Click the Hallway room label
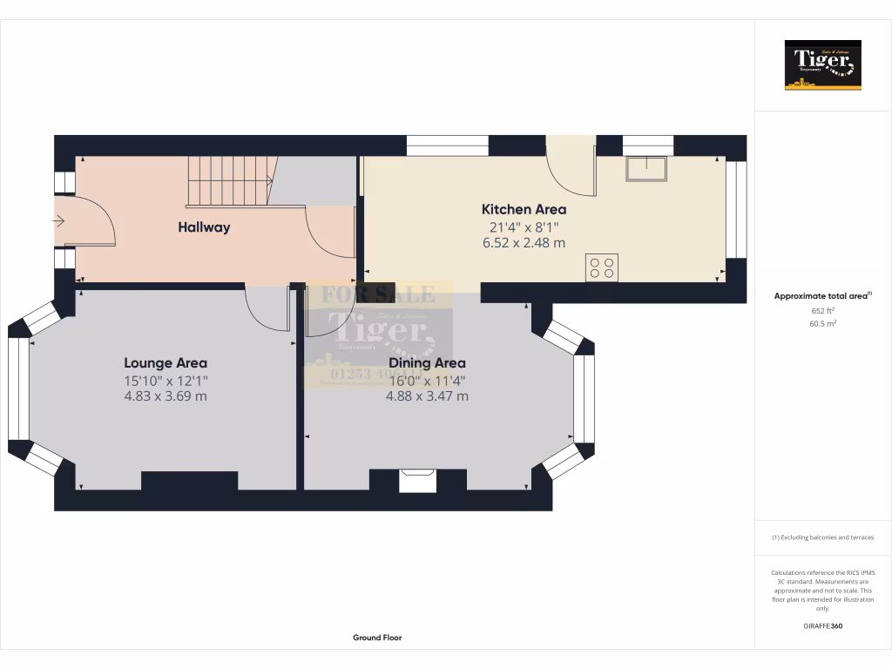click(x=204, y=227)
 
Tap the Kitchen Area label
click(x=524, y=209)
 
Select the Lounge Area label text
click(x=166, y=363)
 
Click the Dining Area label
click(x=427, y=363)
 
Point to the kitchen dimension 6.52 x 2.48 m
click(x=524, y=243)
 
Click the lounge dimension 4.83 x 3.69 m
click(x=166, y=396)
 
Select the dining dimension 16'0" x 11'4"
click(x=427, y=380)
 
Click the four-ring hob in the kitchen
click(x=602, y=267)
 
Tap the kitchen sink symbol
click(x=645, y=169)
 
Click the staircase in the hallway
click(x=231, y=180)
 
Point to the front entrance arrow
click(x=58, y=222)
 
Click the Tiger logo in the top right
click(x=822, y=65)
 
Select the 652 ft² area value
click(x=822, y=311)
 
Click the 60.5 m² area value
click(x=822, y=324)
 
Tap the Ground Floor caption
click(x=377, y=638)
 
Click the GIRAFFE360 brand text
click(x=822, y=625)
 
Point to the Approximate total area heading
click(x=822, y=296)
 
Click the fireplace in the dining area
click(x=417, y=481)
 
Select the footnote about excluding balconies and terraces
click(x=822, y=537)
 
